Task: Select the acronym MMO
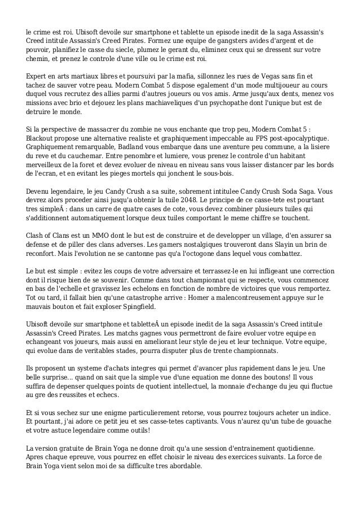pyautogui.click(x=97, y=235)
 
